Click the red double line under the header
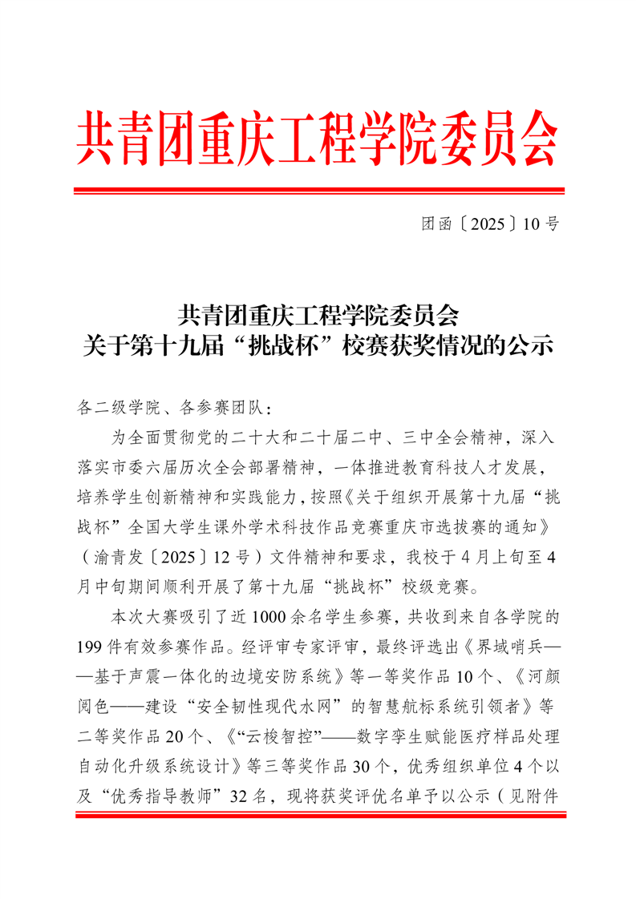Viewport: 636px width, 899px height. click(x=318, y=191)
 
